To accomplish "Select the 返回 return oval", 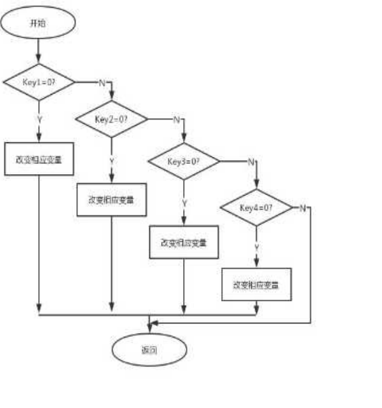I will click(149, 350).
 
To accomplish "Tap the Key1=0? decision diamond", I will click(39, 83).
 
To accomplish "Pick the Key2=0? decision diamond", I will click(112, 119).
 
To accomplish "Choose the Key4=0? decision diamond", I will click(256, 208).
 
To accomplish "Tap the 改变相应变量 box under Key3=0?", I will click(184, 242).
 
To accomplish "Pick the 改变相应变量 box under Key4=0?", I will click(256, 284).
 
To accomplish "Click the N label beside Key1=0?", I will click(101, 83).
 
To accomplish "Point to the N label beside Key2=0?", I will click(175, 119).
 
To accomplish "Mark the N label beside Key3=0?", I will click(249, 162).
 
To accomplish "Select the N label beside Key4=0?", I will click(303, 208).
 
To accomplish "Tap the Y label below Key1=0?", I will click(39, 119).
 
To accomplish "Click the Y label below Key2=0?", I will click(112, 161).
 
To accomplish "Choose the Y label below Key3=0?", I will click(184, 203).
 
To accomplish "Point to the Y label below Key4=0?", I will click(257, 246).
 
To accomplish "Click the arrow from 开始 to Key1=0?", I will click(39, 50).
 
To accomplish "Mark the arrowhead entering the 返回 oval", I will click(149, 328).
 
